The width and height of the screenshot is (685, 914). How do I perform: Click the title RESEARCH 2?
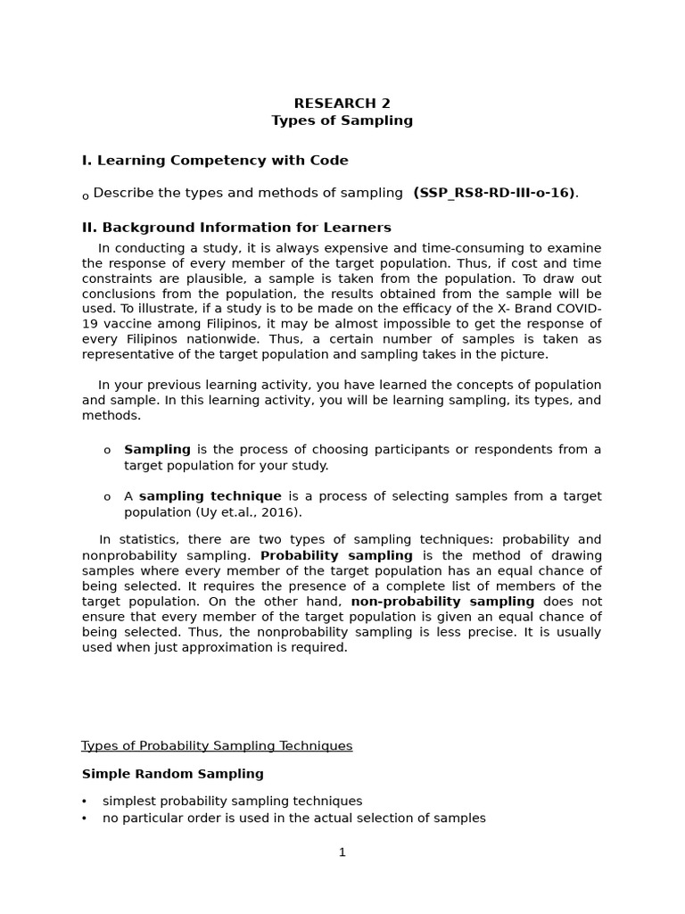(342, 104)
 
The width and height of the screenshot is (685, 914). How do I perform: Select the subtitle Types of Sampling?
(342, 120)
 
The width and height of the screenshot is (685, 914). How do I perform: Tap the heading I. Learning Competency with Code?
(215, 161)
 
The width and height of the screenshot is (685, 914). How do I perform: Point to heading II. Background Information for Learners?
(236, 228)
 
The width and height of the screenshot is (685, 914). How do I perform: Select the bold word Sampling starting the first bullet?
(157, 450)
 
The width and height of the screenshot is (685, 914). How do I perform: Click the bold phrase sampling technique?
(210, 496)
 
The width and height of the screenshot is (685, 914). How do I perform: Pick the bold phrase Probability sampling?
(336, 555)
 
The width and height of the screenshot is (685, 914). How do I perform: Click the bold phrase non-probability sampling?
(442, 602)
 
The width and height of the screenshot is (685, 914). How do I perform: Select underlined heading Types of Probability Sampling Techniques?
(217, 746)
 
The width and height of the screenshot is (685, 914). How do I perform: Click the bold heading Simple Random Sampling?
(173, 774)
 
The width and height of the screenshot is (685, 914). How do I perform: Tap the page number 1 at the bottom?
(342, 852)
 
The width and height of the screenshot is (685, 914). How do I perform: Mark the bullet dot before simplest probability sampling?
(85, 802)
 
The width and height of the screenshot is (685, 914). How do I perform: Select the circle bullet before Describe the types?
(86, 196)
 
